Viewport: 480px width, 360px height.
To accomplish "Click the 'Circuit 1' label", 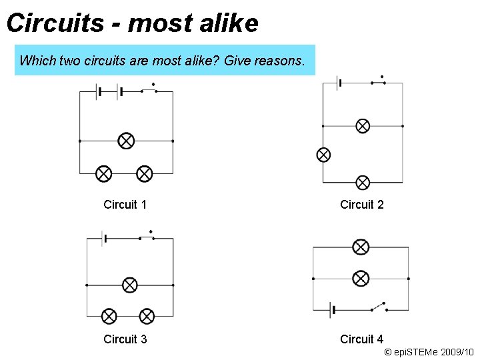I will coord(125,205).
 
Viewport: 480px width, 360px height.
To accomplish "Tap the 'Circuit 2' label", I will coord(362,205).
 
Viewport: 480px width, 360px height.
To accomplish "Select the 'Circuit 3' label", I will coord(125,339).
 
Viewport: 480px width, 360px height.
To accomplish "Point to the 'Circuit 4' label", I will coord(362,339).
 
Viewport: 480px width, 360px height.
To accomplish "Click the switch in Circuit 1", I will coord(149,89).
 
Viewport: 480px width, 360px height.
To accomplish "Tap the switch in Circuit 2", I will coord(378,81).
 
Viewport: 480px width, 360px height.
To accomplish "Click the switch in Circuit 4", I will coord(379,307).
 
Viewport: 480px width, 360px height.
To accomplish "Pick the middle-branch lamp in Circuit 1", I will coord(126,141).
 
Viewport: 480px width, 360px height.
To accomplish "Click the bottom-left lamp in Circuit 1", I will coord(103,174).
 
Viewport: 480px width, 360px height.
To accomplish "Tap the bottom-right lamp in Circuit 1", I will coord(145,174).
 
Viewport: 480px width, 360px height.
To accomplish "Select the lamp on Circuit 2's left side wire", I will coord(323,155).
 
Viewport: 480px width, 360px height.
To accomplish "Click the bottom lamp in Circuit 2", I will coord(363,182).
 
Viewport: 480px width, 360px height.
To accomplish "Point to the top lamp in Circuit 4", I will coord(361,247).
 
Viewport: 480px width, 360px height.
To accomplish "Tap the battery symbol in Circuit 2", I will coord(339,83).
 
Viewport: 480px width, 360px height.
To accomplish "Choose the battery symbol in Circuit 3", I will coord(104,238).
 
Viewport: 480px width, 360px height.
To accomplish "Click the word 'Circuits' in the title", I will coord(55,23).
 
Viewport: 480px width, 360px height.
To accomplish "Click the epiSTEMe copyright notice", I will coord(429,351).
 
